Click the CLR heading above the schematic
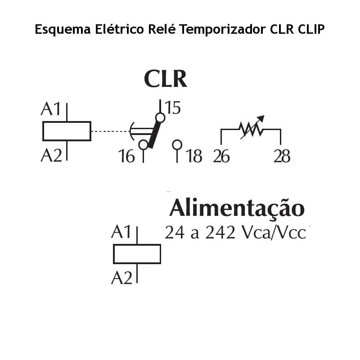[x=165, y=79]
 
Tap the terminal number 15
[x=172, y=108]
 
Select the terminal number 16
[x=127, y=156]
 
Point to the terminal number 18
[x=194, y=156]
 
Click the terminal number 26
[x=221, y=156]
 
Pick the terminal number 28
[x=282, y=156]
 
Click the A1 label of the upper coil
[x=50, y=109]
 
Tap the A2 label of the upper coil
[x=51, y=155]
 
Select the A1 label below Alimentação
[x=121, y=233]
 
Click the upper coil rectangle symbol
[x=67, y=131]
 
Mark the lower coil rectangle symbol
[x=137, y=254]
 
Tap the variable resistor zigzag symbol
[x=251, y=129]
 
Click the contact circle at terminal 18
[x=177, y=144]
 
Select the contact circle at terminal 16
[x=143, y=144]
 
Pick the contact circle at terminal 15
[x=160, y=118]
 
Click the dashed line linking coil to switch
[x=110, y=131]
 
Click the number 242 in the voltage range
[x=220, y=233]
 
